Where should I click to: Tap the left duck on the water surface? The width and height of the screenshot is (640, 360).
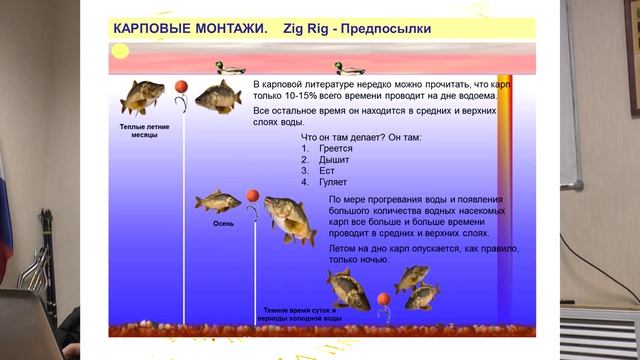click(230, 69)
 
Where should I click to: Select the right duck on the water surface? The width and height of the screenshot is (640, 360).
click(350, 68)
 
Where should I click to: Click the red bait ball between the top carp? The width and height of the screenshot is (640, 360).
click(182, 88)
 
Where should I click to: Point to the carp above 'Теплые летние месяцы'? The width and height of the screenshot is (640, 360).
click(143, 98)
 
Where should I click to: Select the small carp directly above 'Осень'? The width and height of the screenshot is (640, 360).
click(217, 201)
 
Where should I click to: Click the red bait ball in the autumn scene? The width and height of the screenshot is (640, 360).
click(253, 194)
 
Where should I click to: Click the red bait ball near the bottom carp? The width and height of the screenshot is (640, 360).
click(381, 298)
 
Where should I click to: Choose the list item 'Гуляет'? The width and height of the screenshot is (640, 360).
click(334, 182)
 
